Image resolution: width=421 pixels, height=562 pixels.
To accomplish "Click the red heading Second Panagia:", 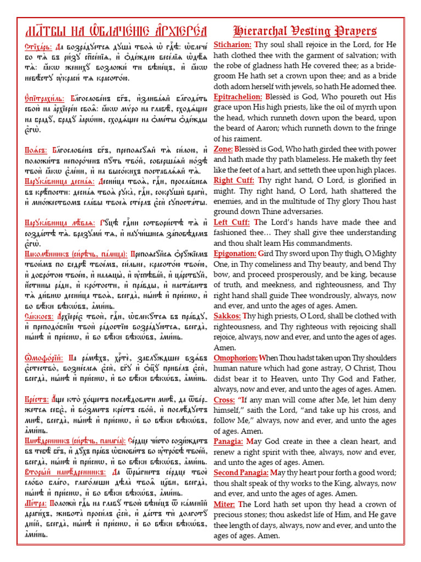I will (240, 473).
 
